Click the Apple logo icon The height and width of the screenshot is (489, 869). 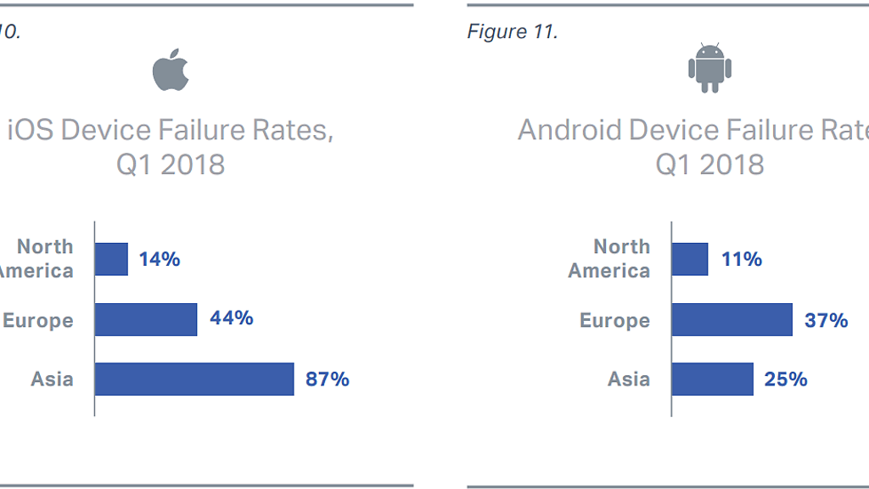tap(171, 70)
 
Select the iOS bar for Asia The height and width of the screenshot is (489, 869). tap(194, 379)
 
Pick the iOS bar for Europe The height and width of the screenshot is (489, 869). tap(146, 319)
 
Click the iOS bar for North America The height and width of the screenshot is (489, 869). tap(111, 259)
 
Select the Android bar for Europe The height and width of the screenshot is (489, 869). tap(732, 319)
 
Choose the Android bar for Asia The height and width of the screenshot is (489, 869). tap(712, 379)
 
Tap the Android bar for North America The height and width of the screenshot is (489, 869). tap(689, 259)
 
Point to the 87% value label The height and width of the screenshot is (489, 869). tap(328, 379)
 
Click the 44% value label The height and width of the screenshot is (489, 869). tap(232, 318)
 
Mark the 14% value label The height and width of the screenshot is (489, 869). tap(160, 259)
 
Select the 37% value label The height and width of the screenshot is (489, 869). tap(827, 320)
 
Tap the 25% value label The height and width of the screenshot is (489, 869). tap(786, 379)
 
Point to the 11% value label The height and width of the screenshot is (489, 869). tap(742, 259)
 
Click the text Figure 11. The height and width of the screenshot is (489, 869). tap(512, 31)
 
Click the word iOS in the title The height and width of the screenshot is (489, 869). tap(31, 131)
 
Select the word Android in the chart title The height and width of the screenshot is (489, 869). tap(570, 131)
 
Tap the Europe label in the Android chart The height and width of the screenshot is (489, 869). tap(614, 320)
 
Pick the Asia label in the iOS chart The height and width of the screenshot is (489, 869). tap(53, 379)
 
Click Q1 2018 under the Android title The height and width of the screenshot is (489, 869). tap(709, 164)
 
